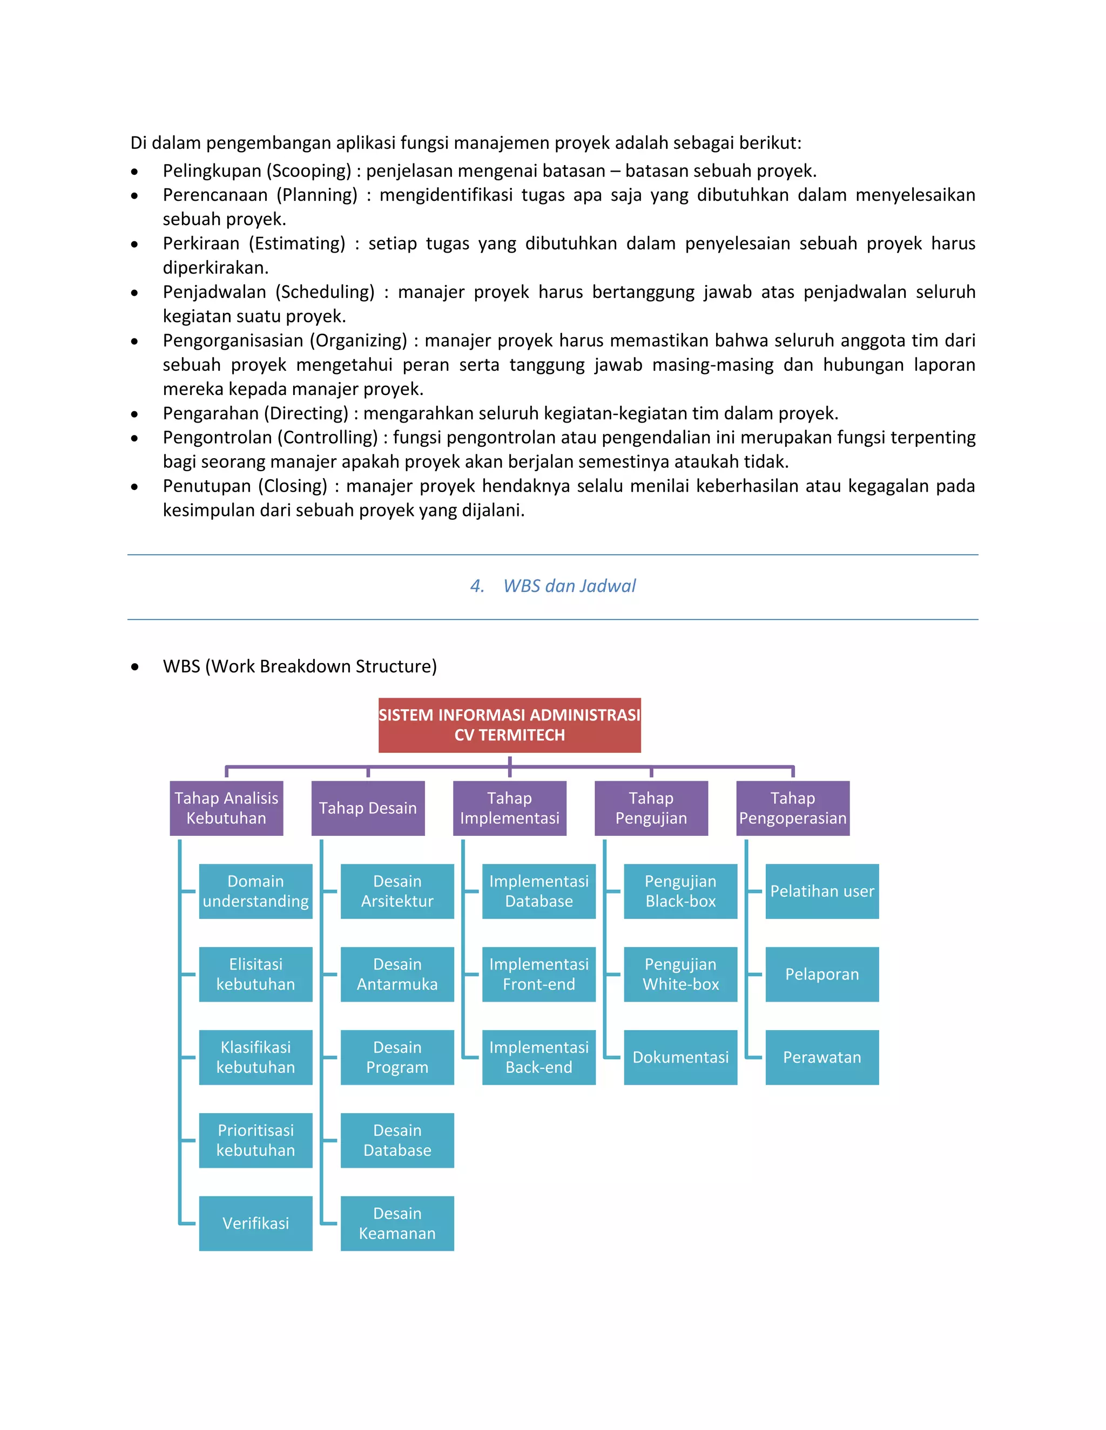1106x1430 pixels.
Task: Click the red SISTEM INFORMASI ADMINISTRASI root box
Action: [509, 725]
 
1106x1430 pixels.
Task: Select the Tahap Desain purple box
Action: [368, 808]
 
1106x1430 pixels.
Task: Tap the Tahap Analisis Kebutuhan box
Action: [226, 808]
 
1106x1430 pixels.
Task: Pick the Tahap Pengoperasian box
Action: [792, 808]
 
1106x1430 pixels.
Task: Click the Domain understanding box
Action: [255, 891]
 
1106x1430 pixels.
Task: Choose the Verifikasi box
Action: [255, 1223]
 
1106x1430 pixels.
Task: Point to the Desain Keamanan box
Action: [397, 1223]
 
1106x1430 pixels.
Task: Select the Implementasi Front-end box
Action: [538, 974]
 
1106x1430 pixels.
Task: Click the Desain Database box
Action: [397, 1140]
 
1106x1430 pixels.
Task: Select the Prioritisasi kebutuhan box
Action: [255, 1140]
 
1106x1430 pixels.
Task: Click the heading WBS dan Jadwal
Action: [569, 586]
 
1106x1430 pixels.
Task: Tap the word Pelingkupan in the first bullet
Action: [211, 171]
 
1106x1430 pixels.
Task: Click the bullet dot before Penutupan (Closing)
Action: [134, 487]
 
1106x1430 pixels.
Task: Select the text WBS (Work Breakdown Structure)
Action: [299, 666]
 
